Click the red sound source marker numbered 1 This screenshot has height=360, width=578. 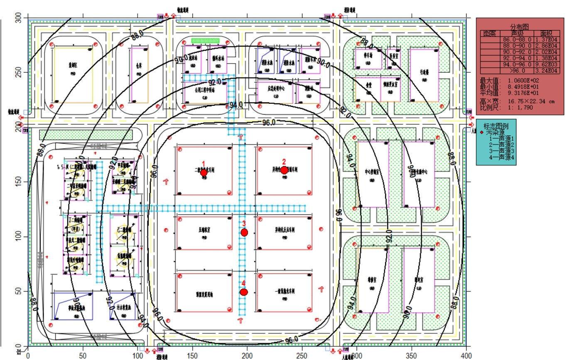(x=204, y=172)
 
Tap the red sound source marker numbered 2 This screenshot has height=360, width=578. (x=284, y=170)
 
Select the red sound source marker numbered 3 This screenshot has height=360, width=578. (x=244, y=232)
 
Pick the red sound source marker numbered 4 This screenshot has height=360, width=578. (x=244, y=292)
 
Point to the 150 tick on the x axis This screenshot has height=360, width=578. (x=192, y=355)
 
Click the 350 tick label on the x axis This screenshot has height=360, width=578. (x=412, y=355)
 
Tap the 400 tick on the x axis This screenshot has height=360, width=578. (x=466, y=355)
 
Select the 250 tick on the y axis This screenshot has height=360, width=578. (x=18, y=72)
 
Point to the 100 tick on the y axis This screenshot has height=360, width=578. (x=18, y=237)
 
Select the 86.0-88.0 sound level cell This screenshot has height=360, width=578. (x=517, y=39)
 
